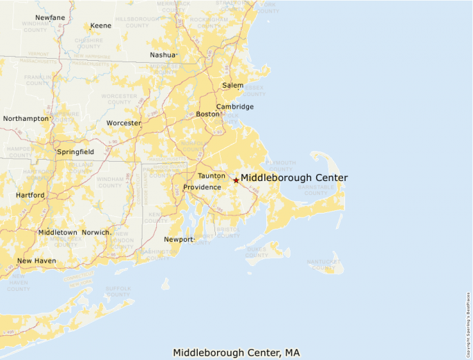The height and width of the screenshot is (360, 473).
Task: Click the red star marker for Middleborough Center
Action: (x=236, y=180)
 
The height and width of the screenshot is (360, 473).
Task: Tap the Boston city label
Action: (x=207, y=114)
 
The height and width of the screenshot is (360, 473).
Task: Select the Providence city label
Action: (x=202, y=187)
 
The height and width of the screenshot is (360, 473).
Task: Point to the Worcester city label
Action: (x=124, y=123)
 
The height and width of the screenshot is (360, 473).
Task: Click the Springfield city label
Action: (x=76, y=151)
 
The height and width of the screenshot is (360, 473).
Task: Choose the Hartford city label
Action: (x=30, y=196)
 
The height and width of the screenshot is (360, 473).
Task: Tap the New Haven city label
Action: (x=37, y=260)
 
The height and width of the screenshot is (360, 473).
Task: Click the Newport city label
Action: (x=179, y=240)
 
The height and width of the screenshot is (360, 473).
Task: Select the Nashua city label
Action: (x=163, y=55)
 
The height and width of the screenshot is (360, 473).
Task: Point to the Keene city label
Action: (x=101, y=26)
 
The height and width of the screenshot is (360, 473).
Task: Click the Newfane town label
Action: (x=50, y=17)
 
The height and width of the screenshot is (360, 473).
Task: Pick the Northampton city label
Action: (x=26, y=118)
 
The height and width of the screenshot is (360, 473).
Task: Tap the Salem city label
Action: (x=233, y=86)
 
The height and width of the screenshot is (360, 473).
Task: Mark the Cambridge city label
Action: (x=235, y=106)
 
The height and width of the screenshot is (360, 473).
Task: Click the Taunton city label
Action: (x=212, y=176)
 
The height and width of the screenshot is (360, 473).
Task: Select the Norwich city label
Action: (x=95, y=232)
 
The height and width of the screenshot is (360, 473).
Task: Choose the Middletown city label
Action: (x=57, y=232)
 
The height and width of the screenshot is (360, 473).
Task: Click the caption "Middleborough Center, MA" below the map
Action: (x=236, y=352)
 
